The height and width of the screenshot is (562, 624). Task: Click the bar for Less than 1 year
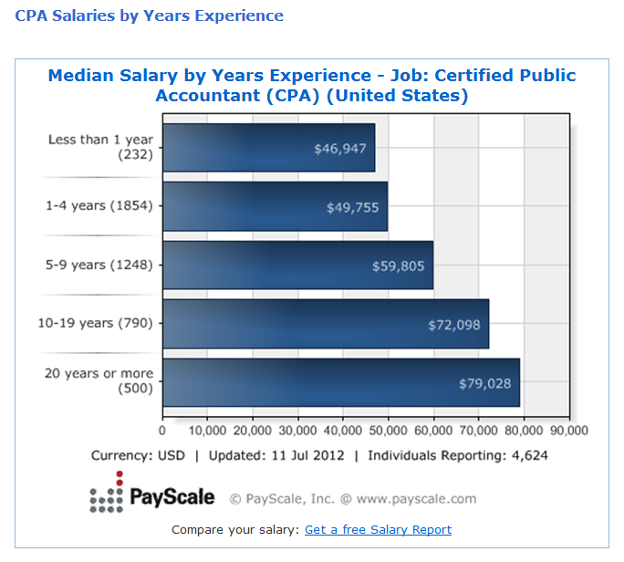(268, 148)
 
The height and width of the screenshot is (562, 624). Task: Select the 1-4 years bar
(275, 206)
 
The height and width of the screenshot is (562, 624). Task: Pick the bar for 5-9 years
(297, 265)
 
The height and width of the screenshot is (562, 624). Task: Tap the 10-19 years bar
(326, 323)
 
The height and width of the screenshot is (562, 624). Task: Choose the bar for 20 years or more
(340, 382)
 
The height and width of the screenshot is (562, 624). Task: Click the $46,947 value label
(339, 149)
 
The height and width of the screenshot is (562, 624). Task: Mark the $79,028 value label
(484, 383)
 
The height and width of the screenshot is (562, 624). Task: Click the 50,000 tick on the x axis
(388, 431)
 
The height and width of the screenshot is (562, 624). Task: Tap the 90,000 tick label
(568, 431)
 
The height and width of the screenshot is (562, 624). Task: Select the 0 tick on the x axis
(162, 431)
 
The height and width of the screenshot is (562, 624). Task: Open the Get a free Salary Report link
(378, 529)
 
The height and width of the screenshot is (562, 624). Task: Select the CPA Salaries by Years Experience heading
(149, 16)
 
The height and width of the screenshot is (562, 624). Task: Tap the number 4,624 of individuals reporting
(529, 454)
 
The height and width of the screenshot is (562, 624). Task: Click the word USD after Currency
(171, 454)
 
